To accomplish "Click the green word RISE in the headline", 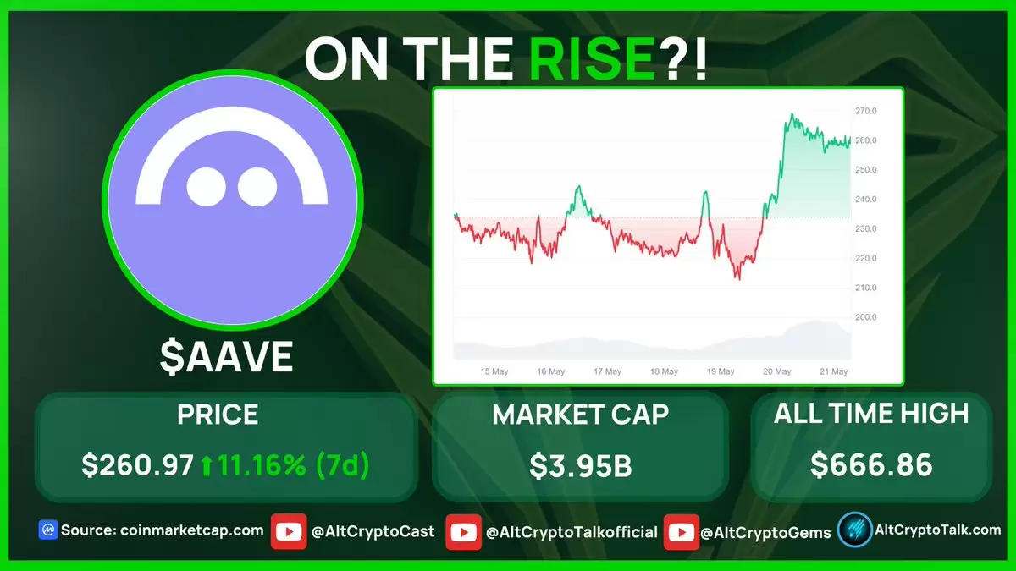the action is click(x=593, y=59).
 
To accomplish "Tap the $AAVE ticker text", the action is click(x=226, y=357).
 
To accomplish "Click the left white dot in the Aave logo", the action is click(x=207, y=187).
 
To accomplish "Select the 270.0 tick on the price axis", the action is click(x=866, y=111).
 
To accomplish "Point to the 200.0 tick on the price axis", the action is click(x=866, y=316).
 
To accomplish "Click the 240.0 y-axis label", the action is click(x=866, y=199).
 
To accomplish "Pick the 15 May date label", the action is click(x=494, y=371).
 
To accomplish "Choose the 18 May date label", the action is click(x=664, y=371).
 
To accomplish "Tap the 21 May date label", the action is click(x=834, y=371).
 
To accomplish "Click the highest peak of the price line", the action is click(x=792, y=113).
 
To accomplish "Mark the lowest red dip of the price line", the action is click(x=739, y=279).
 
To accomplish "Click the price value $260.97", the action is click(x=137, y=465).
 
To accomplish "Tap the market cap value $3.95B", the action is click(x=580, y=466).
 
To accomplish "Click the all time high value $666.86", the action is click(x=871, y=465).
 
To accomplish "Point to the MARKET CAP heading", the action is click(x=580, y=415).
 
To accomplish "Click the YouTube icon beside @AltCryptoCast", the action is click(x=289, y=531).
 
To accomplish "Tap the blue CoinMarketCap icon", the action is click(x=48, y=530).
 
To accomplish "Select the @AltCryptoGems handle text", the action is click(x=765, y=533).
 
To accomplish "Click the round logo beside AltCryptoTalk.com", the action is click(x=854, y=530).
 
